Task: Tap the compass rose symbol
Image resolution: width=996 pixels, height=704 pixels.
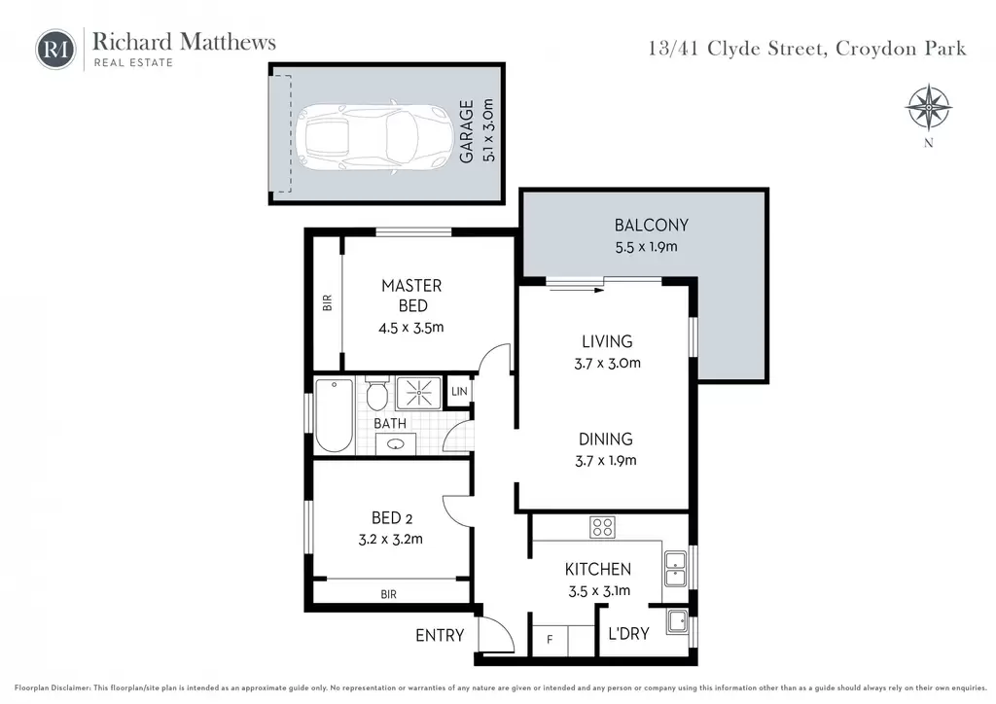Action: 928,107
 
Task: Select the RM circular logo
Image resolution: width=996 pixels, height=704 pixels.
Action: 55,49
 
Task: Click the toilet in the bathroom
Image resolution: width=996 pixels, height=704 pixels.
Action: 377,394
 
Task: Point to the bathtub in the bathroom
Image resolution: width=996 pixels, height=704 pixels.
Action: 335,415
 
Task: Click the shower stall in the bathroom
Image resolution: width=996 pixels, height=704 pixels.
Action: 418,393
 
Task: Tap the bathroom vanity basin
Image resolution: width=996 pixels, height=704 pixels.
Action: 396,444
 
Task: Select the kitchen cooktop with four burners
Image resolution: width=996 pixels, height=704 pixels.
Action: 602,527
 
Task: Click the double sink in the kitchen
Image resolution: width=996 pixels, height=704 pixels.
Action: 675,569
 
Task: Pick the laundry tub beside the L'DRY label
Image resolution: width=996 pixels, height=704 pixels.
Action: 678,620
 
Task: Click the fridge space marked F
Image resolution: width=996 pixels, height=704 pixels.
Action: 551,640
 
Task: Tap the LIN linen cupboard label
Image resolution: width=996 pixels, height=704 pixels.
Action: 459,392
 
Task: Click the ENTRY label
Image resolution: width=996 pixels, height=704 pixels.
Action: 440,635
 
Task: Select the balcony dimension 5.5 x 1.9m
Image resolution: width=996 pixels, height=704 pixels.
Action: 646,247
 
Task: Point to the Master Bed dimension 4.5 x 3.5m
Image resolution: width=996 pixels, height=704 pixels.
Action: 411,329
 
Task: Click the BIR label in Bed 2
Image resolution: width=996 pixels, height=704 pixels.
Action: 389,594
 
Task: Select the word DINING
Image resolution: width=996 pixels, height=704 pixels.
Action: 605,440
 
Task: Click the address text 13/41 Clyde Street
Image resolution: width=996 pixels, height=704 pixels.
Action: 737,49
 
